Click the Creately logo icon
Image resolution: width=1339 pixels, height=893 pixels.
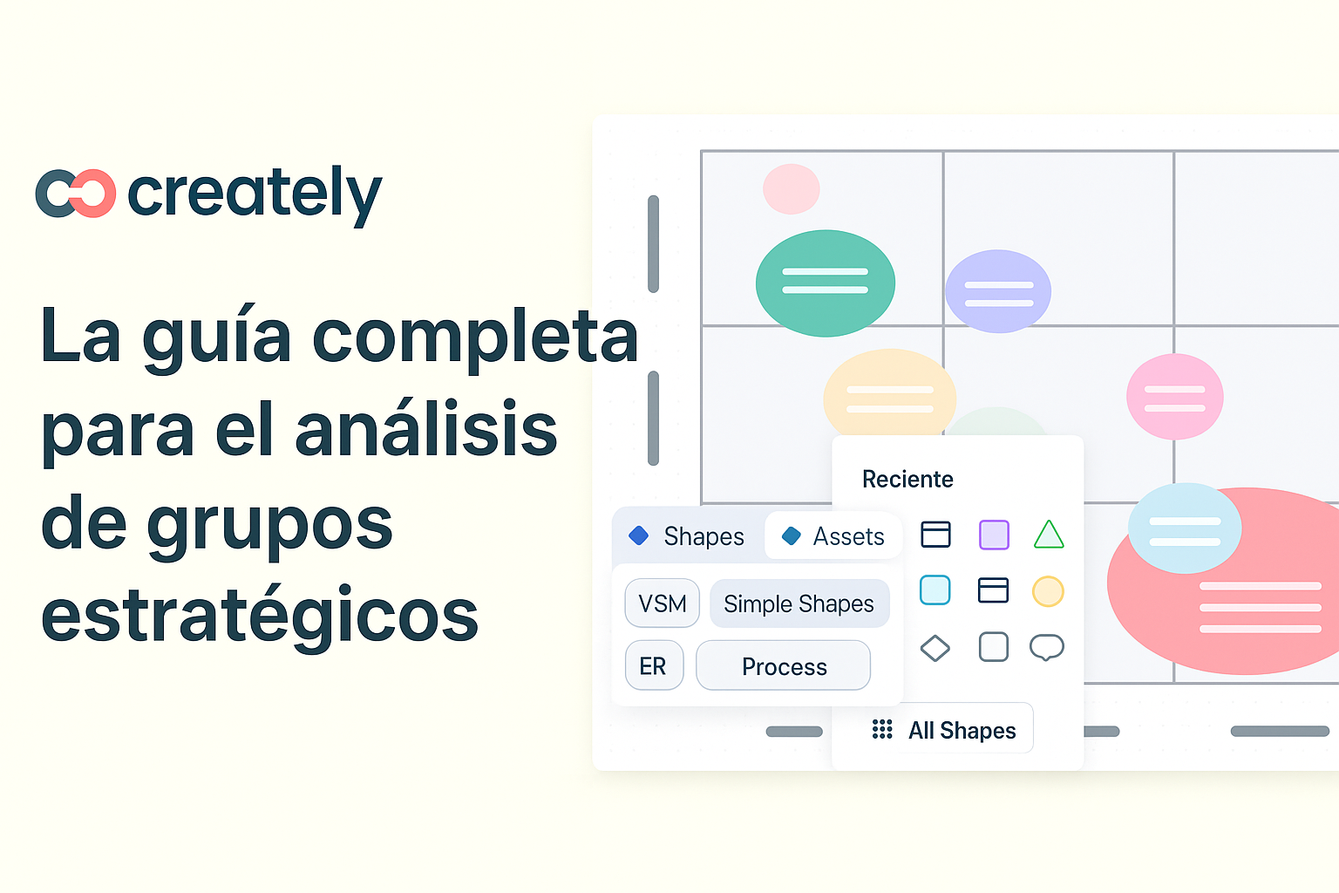click(x=76, y=193)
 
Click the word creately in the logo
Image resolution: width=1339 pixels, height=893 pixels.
click(x=255, y=193)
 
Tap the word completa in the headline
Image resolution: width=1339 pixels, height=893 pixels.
click(x=475, y=337)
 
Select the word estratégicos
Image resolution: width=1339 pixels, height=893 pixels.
click(x=260, y=615)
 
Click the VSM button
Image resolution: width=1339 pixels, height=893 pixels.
click(x=663, y=603)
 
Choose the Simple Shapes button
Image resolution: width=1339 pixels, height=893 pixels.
click(x=799, y=603)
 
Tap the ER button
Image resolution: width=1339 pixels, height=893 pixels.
click(x=653, y=666)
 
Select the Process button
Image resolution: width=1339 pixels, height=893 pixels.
click(x=784, y=666)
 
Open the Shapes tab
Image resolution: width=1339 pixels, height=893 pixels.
click(x=688, y=536)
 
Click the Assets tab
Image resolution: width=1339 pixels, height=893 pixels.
click(x=833, y=536)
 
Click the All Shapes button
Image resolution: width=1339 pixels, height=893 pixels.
click(x=947, y=730)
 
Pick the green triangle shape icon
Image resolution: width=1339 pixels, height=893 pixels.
click(x=1049, y=535)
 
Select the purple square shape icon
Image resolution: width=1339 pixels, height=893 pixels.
click(x=994, y=535)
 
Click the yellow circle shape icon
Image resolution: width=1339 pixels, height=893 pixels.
click(x=1048, y=591)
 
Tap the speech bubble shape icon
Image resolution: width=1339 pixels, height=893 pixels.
click(x=1047, y=647)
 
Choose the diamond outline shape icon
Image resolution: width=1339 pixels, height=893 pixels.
click(x=935, y=648)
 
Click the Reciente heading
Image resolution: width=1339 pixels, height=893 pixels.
click(x=907, y=479)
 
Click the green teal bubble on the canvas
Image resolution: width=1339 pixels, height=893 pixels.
click(x=825, y=283)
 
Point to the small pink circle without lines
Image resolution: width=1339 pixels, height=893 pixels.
click(x=791, y=188)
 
